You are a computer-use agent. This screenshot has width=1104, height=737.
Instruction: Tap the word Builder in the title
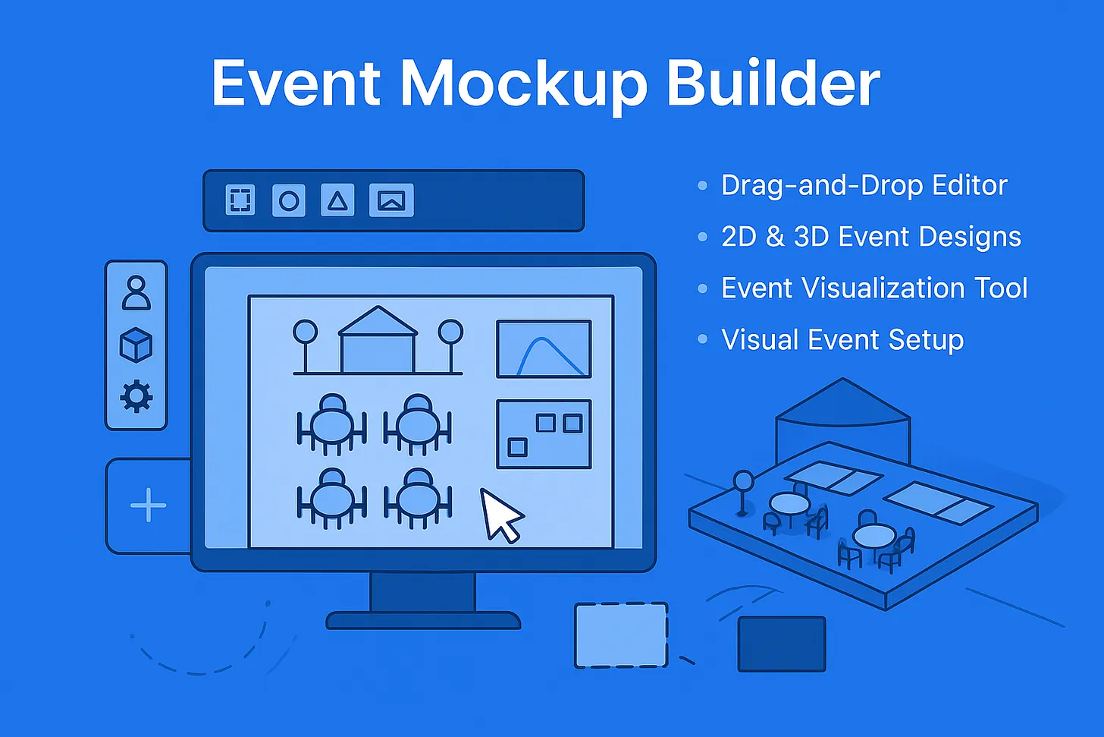pyautogui.click(x=773, y=81)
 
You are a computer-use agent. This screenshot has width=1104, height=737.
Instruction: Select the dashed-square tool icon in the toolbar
pyautogui.click(x=240, y=200)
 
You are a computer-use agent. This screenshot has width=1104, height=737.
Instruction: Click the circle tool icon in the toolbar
pyautogui.click(x=289, y=200)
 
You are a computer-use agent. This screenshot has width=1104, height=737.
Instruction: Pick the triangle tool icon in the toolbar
pyautogui.click(x=337, y=200)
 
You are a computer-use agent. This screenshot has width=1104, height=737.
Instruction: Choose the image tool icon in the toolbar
pyautogui.click(x=391, y=200)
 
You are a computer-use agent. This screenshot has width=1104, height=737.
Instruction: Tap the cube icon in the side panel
pyautogui.click(x=136, y=345)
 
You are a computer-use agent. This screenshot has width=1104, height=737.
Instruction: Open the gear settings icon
pyautogui.click(x=136, y=396)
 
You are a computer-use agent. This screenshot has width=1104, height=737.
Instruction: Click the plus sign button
pyautogui.click(x=149, y=506)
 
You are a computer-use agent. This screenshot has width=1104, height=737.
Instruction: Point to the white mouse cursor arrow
pyautogui.click(x=500, y=515)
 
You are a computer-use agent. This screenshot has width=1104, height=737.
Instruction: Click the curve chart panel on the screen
pyautogui.click(x=544, y=349)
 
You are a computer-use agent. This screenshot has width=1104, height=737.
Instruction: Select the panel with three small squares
pyautogui.click(x=544, y=433)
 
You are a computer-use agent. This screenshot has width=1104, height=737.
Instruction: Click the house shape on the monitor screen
pyautogui.click(x=378, y=339)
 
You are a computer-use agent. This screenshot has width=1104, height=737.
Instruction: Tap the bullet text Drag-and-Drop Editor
pyautogui.click(x=864, y=185)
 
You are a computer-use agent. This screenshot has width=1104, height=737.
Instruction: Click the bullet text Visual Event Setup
pyautogui.click(x=842, y=339)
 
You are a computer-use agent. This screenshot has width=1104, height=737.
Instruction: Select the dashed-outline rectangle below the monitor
pyautogui.click(x=621, y=635)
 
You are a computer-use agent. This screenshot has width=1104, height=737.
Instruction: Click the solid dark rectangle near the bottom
pyautogui.click(x=782, y=644)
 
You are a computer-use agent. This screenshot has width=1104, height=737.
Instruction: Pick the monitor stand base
pyautogui.click(x=423, y=620)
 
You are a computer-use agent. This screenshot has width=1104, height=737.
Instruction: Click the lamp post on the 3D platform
pyautogui.click(x=743, y=493)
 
